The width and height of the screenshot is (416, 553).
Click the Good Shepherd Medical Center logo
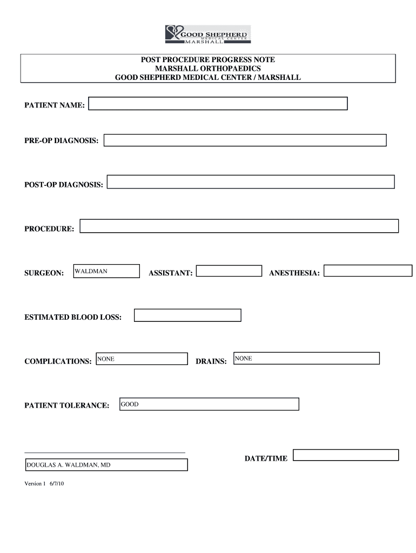tap(208, 33)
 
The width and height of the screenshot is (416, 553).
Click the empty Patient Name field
tap(218, 104)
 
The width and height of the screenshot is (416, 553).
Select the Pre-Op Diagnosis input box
tap(245, 140)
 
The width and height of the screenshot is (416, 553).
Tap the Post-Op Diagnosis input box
tap(251, 182)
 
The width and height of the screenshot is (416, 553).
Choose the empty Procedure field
tap(239, 226)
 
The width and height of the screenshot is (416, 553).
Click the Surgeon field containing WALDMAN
tap(106, 271)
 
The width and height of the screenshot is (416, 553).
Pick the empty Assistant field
tap(229, 271)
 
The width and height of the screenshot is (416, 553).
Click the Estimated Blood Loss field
tap(187, 315)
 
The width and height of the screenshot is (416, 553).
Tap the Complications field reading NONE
tap(141, 359)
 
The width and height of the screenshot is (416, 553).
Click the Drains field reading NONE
tap(306, 358)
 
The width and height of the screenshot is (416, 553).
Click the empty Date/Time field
tap(345, 455)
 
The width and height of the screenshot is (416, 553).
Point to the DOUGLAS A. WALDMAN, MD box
tap(106, 464)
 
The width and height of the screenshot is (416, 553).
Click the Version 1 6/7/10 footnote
tap(44, 484)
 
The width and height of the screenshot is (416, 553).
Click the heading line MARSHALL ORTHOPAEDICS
tap(208, 69)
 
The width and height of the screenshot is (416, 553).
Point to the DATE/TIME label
tap(266, 458)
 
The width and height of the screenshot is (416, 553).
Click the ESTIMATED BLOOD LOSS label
tap(73, 318)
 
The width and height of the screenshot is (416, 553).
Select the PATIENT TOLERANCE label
tap(67, 406)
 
